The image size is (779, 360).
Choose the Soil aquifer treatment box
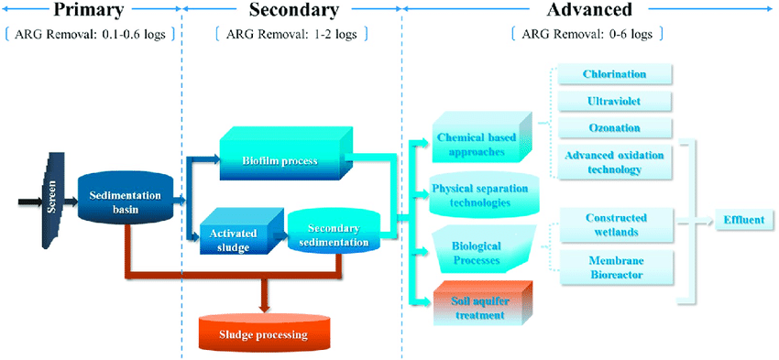point(478,307)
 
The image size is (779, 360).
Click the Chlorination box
point(614,74)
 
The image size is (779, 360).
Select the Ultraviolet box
point(614,101)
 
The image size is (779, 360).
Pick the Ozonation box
point(614,127)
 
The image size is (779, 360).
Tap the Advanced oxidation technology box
point(614,161)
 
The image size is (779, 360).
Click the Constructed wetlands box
point(616,224)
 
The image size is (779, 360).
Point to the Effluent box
point(743,221)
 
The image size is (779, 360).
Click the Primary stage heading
point(90,11)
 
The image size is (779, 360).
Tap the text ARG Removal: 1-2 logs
point(291,35)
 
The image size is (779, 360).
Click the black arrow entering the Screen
point(25,196)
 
